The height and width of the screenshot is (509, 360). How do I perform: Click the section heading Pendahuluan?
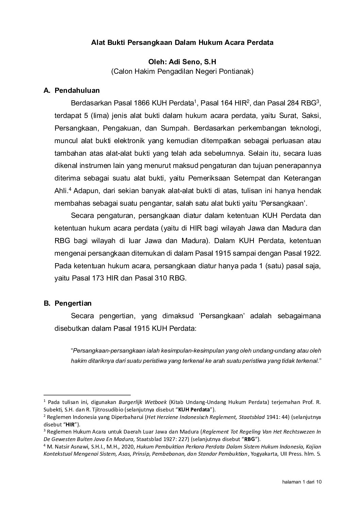coord(77,90)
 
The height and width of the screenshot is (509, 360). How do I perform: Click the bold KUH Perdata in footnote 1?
coord(195,409)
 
